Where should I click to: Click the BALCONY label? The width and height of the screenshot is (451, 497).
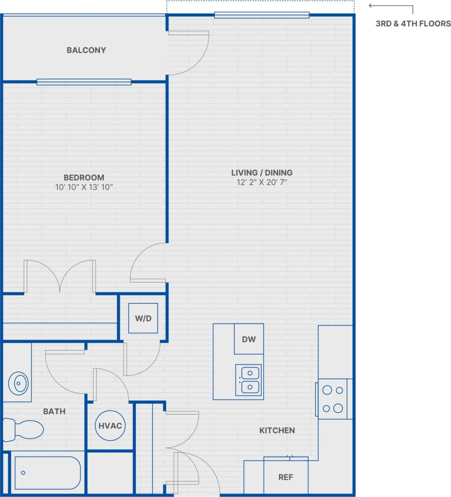86,50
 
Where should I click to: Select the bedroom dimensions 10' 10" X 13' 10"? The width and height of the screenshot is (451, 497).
84,187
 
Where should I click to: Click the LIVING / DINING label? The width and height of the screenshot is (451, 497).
261,172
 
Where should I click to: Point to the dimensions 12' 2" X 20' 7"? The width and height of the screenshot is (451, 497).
262,183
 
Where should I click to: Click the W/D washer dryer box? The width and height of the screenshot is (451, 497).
142,318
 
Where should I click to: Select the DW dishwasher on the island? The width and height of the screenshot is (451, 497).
249,339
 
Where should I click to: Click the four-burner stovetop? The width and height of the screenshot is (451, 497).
333,399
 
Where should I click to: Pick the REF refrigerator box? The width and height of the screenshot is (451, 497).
285,477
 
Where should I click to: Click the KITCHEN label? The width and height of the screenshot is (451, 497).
277,430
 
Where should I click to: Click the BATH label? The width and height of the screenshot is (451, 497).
54,412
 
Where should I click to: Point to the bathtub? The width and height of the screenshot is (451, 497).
47,473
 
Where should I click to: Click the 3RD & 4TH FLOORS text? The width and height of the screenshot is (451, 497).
413,23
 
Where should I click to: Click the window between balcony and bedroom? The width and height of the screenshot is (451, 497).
84,82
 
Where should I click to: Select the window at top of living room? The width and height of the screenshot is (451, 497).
261,15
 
